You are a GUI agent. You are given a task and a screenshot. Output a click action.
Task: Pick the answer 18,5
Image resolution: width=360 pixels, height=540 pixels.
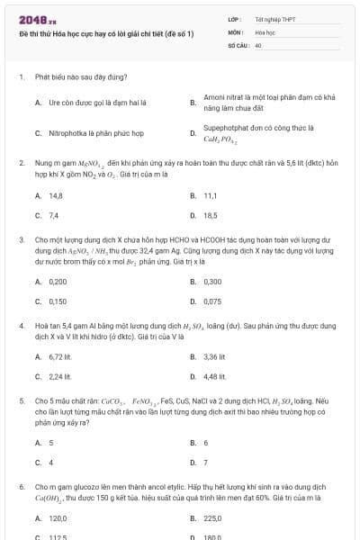[x=210, y=215]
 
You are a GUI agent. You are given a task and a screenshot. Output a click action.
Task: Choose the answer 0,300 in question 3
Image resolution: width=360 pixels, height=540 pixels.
[x=212, y=281]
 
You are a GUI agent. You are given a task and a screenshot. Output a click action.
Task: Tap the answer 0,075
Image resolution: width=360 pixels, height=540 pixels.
[x=212, y=301]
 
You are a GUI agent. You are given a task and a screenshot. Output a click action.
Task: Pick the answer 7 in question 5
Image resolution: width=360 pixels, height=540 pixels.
[x=206, y=463]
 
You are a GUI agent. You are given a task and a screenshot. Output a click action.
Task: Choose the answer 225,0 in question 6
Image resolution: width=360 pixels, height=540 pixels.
[x=212, y=518]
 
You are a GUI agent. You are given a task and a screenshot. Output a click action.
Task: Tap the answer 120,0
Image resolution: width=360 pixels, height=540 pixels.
[x=58, y=518]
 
